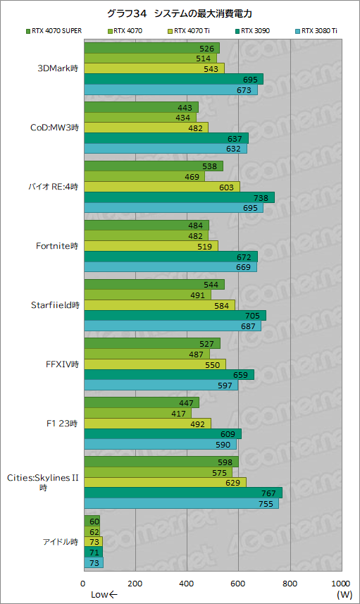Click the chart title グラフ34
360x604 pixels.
tap(180, 13)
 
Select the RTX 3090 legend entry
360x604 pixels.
tap(258, 30)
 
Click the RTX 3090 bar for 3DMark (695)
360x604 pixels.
tap(173, 79)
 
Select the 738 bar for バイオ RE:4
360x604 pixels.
tap(179, 197)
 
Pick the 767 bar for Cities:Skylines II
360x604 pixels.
tap(182, 493)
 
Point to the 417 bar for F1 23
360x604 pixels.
tap(137, 413)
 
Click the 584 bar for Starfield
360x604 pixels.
tap(159, 305)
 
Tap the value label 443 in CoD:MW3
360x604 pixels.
tap(186, 107)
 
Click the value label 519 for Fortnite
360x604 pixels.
tap(206, 246)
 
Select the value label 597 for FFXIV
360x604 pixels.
tap(225, 384)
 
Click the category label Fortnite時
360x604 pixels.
tap(56, 246)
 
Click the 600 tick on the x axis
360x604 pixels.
tap(238, 584)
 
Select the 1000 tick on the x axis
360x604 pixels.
tap(340, 584)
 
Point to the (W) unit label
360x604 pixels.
tap(344, 595)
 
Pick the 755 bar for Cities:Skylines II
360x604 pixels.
tap(181, 503)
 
